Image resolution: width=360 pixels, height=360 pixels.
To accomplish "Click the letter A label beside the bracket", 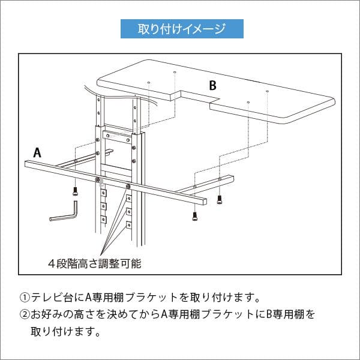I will (x=37, y=152).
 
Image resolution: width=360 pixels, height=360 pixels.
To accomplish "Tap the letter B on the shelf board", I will (x=212, y=86).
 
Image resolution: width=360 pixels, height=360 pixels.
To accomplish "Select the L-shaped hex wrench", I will (x=65, y=214).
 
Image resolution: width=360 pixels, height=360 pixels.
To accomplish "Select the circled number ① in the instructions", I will (x=25, y=297).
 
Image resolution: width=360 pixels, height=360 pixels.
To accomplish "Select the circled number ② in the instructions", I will (x=25, y=314).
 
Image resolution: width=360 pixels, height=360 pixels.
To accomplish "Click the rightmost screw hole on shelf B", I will (x=267, y=91).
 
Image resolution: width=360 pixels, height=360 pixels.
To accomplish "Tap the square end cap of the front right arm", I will (x=205, y=201).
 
